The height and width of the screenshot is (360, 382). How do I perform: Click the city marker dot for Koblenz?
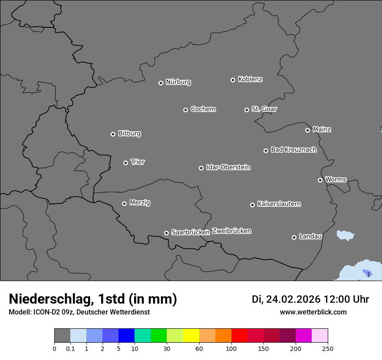[233, 80]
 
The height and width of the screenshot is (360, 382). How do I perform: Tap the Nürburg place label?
[178, 82]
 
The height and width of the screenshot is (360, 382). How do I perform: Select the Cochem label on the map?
[203, 109]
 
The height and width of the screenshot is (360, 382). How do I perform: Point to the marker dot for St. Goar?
[247, 110]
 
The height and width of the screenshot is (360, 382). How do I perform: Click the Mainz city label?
[322, 129]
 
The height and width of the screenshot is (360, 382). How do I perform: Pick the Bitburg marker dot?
[113, 134]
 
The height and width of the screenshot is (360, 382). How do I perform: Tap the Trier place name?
[138, 162]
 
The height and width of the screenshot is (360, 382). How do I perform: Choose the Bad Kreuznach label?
[293, 150]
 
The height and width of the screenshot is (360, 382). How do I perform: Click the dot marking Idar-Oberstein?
[201, 168]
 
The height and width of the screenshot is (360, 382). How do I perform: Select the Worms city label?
[336, 179]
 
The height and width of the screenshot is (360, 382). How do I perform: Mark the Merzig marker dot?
[124, 203]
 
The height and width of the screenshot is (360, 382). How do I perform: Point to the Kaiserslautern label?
[279, 204]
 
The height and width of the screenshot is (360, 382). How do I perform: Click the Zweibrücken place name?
[231, 231]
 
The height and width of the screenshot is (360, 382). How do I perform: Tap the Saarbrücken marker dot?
[166, 233]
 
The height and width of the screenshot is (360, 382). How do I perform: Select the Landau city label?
[310, 236]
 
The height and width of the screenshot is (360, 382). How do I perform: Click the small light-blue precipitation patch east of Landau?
[346, 235]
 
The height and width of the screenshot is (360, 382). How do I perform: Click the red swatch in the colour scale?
[239, 336]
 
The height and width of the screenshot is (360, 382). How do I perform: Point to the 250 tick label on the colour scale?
[327, 348]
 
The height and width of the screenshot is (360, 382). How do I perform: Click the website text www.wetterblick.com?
[313, 312]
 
